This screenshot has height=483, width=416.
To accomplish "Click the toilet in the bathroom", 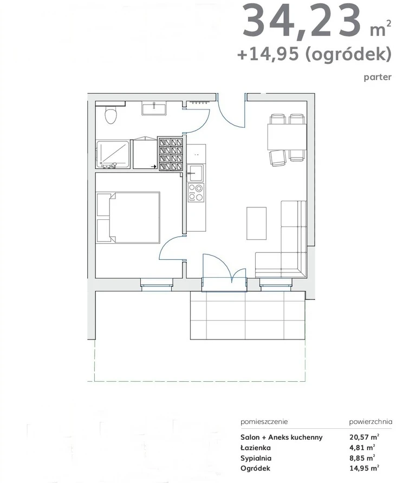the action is click(110, 115).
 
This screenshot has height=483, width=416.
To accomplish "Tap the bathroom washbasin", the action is click(154, 108).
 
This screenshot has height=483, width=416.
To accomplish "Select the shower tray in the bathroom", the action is click(113, 154).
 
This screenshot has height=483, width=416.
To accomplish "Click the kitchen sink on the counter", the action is click(195, 173).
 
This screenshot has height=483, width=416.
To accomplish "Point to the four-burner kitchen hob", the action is click(196, 192).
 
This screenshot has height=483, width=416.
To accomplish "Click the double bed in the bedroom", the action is click(128, 218).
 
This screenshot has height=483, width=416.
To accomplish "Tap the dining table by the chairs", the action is click(287, 137).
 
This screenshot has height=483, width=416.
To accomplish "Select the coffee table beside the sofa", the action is click(256, 223).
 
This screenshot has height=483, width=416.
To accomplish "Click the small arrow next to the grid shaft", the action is click(153, 167).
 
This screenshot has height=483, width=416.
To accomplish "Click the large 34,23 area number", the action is click(301, 21).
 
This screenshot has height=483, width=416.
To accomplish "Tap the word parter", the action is click(378, 77).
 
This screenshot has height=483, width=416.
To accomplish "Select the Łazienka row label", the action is click(256, 447).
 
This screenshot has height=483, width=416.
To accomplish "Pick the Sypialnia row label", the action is click(256, 458).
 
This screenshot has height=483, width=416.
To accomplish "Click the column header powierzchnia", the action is click(370, 422).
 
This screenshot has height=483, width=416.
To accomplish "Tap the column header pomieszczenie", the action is click(264, 422).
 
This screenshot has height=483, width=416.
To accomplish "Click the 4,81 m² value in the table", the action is click(362, 447).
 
